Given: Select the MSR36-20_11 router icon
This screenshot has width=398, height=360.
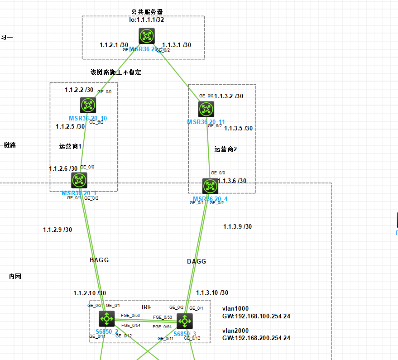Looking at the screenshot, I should click(206, 109).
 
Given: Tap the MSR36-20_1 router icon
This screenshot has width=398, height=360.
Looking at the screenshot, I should click(80, 180).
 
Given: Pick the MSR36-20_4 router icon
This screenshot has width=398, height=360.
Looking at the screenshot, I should click(210, 186).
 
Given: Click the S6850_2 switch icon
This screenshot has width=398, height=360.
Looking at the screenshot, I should click(107, 319).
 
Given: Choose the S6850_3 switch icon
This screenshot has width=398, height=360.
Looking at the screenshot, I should click(185, 321).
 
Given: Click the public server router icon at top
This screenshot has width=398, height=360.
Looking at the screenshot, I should click(147, 36).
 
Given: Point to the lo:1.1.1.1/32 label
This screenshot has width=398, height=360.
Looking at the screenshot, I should click(147, 20).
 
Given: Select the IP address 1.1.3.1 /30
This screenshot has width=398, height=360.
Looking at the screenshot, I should click(177, 45).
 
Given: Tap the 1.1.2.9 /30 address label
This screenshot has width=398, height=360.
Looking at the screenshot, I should click(58, 230).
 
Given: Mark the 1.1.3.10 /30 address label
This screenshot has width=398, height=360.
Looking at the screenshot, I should click(212, 293).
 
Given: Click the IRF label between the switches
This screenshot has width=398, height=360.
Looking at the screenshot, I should click(147, 307).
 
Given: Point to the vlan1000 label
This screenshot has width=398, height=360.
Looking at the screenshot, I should click(235, 307).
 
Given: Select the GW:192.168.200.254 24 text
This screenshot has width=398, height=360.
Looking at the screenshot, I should click(256, 338).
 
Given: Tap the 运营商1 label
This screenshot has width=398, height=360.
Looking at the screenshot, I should click(71, 146).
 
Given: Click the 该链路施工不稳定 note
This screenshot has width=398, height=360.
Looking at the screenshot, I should click(116, 72).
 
